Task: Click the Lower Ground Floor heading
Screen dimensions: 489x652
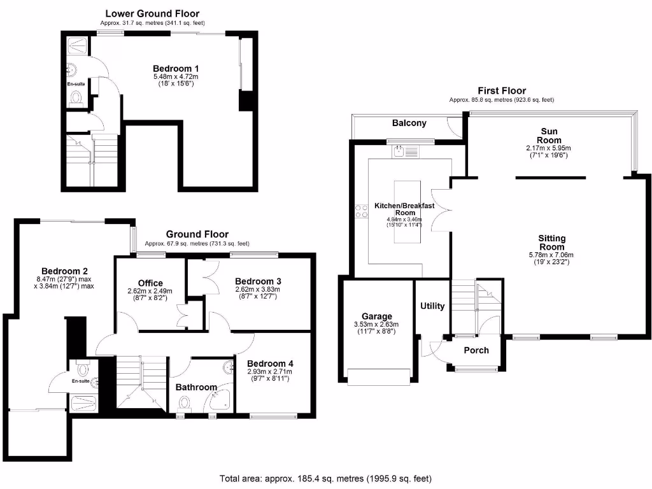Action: pyautogui.click(x=152, y=13)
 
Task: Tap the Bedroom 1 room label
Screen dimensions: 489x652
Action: pyautogui.click(x=176, y=68)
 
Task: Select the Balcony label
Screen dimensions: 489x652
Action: pyautogui.click(x=409, y=123)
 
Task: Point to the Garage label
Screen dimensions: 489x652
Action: pyautogui.click(x=377, y=316)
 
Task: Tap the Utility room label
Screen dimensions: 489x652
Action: pyautogui.click(x=432, y=306)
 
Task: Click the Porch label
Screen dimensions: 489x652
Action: pyautogui.click(x=476, y=350)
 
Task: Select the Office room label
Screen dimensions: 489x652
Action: pyautogui.click(x=150, y=283)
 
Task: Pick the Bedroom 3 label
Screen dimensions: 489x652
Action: pyautogui.click(x=258, y=281)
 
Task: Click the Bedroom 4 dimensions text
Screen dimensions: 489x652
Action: pyautogui.click(x=270, y=374)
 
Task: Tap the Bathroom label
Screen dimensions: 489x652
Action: pyautogui.click(x=196, y=386)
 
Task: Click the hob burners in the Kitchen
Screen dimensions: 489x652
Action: pyautogui.click(x=362, y=211)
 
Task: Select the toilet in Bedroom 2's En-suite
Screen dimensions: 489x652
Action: pyautogui.click(x=82, y=368)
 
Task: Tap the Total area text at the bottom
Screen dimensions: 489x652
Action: pyautogui.click(x=326, y=478)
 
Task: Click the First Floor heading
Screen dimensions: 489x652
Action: pyautogui.click(x=502, y=91)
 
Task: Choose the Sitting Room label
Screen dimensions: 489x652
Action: pyautogui.click(x=552, y=243)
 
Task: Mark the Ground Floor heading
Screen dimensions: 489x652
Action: pyautogui.click(x=197, y=234)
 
